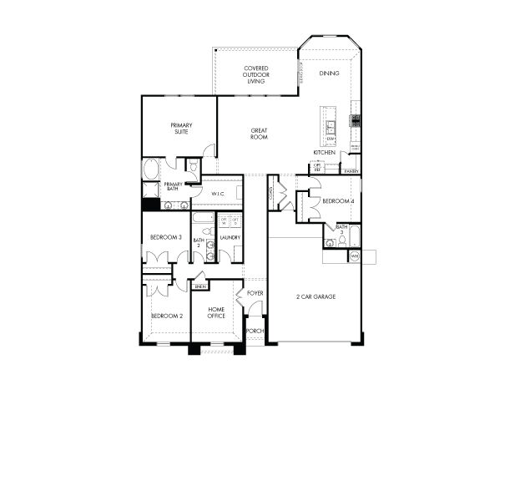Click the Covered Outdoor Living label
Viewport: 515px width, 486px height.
pyautogui.click(x=255, y=75)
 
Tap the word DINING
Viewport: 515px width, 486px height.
pyautogui.click(x=330, y=73)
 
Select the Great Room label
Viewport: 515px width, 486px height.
pyautogui.click(x=260, y=134)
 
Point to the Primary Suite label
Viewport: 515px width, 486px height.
pyautogui.click(x=181, y=128)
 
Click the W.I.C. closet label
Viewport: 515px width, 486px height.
pyautogui.click(x=219, y=194)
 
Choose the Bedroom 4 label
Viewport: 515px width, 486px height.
pyautogui.click(x=338, y=201)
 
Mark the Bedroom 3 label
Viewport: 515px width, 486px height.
pyautogui.click(x=165, y=238)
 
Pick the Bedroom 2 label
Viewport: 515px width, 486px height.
pyautogui.click(x=166, y=316)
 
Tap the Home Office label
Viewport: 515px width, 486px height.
pyautogui.click(x=216, y=312)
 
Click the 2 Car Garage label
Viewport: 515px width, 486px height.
pyautogui.click(x=316, y=296)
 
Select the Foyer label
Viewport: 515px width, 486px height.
pyautogui.click(x=255, y=293)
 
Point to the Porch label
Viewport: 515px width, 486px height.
pyautogui.click(x=255, y=331)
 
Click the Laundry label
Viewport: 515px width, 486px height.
pyautogui.click(x=230, y=238)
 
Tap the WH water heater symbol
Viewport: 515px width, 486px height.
pyautogui.click(x=354, y=256)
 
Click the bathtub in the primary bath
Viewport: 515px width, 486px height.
pyautogui.click(x=151, y=170)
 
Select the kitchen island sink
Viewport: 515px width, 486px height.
pyautogui.click(x=331, y=128)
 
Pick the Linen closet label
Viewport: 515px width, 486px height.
pyautogui.click(x=199, y=286)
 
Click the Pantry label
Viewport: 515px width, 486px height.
pyautogui.click(x=351, y=172)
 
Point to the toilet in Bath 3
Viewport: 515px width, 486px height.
pyautogui.click(x=331, y=243)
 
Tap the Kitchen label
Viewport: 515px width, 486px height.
pyautogui.click(x=325, y=153)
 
